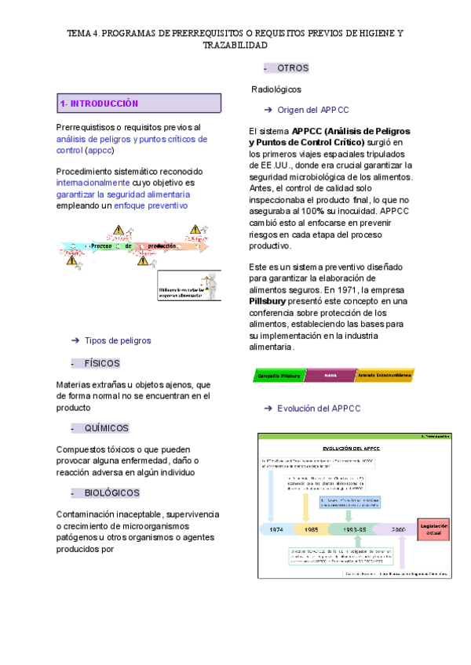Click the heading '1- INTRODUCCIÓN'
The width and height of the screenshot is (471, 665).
coord(100,104)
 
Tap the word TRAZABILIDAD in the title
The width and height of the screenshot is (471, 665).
coord(235,45)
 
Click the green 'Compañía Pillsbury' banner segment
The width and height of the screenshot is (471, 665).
coord(279,376)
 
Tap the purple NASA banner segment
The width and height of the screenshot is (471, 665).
coord(330,376)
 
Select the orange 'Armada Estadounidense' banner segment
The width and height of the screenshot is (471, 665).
coord(385,376)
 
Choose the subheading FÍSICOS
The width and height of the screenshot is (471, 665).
coord(102,363)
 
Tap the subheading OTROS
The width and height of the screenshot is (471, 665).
coord(293,68)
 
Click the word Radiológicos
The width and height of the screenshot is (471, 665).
coord(276,89)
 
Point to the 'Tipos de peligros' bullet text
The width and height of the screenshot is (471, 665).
coord(117,340)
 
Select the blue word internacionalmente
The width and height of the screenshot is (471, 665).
coord(93,182)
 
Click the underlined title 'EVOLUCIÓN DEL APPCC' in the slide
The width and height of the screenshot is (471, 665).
coord(352,446)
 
